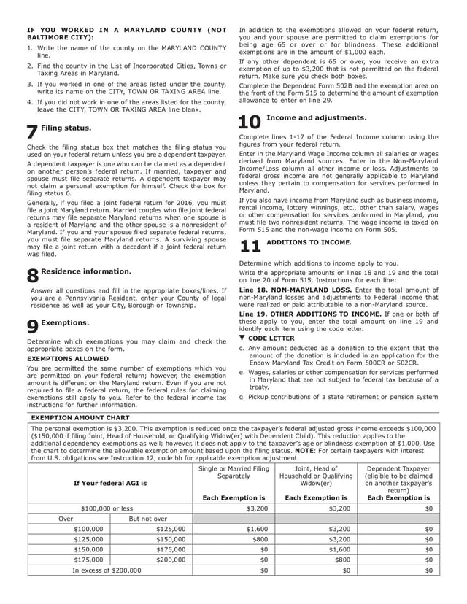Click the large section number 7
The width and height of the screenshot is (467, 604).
tap(32, 133)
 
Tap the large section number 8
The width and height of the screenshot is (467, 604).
tap(32, 276)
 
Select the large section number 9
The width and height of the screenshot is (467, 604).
tap(32, 328)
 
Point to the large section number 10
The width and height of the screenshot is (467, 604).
tap(250, 123)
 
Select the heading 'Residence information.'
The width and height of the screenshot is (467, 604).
tap(86, 271)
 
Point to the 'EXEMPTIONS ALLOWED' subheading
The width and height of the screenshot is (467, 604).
tap(68, 359)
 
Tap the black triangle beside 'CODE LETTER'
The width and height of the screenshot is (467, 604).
tap(242, 338)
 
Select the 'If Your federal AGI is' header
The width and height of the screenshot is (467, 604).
tap(109, 483)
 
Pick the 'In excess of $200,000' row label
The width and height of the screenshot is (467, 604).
tap(107, 570)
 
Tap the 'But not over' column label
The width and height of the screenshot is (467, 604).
tap(150, 518)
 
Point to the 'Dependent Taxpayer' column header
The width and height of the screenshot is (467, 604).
tap(398, 468)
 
